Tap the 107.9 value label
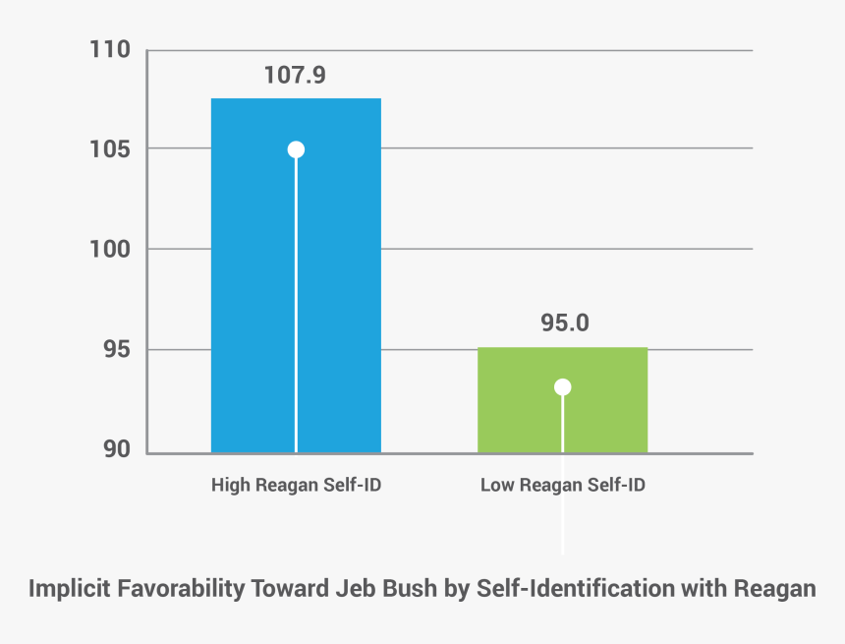tap(295, 76)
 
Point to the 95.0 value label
tap(564, 323)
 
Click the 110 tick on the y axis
tap(111, 49)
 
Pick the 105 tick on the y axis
tap(111, 149)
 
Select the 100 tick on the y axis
tap(111, 250)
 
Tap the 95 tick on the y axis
tap(117, 350)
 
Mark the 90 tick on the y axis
tap(117, 449)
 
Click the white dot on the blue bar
tap(296, 149)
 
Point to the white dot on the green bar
tap(562, 387)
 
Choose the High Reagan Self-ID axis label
tap(295, 486)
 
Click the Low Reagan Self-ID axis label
tap(562, 486)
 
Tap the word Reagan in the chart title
tap(774, 590)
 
